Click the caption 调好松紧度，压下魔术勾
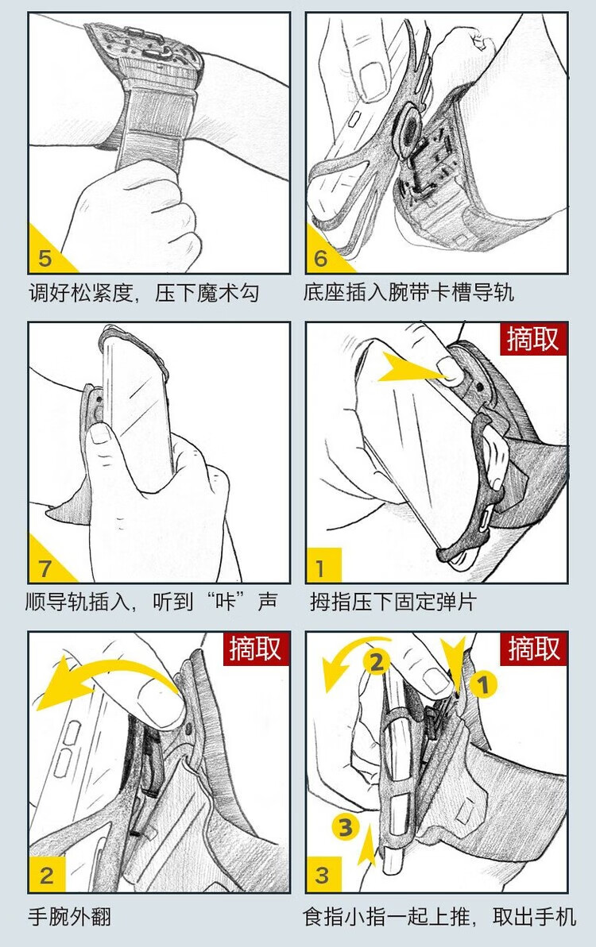tap(144, 294)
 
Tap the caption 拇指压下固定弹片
tap(393, 602)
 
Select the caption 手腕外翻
tap(69, 916)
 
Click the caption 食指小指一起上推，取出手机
tap(439, 916)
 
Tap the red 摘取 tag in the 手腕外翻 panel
tap(255, 649)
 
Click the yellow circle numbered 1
tap(483, 685)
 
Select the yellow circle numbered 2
tap(376, 663)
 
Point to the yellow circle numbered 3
tap(345, 827)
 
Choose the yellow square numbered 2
tap(47, 875)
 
